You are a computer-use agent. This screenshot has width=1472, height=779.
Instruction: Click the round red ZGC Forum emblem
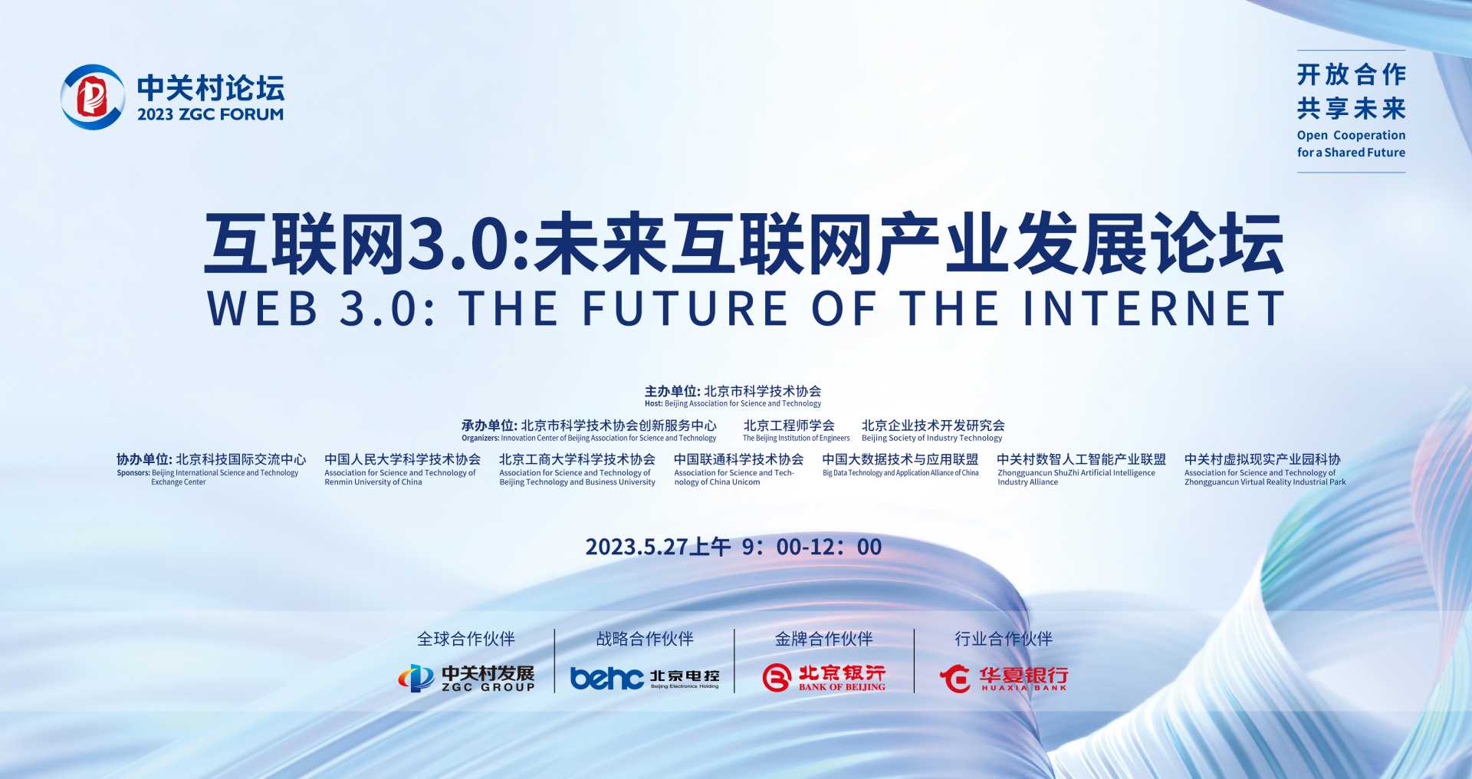93,97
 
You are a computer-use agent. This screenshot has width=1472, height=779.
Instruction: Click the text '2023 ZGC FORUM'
210,114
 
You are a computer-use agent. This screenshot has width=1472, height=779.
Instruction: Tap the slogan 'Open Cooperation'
1351,136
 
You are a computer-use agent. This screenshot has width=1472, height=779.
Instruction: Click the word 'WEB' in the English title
262,307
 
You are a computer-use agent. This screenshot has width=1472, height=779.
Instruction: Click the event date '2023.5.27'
636,547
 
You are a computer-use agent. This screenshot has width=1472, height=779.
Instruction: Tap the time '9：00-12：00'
812,547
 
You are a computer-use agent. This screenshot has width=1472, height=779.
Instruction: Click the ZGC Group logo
466,678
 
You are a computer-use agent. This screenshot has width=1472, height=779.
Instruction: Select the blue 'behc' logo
606,678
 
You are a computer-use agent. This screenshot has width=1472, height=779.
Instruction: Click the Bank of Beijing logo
824,678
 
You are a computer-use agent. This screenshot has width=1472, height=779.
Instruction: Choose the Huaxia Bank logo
1004,678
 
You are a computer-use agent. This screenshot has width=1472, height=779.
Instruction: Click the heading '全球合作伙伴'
466,639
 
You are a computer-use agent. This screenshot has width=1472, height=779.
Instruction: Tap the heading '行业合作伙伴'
1004,639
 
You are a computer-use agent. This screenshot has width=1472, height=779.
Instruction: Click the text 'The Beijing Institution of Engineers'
796,439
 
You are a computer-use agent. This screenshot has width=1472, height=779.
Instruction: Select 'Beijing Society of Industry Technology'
932,439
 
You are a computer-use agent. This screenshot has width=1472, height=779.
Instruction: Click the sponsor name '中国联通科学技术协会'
738,459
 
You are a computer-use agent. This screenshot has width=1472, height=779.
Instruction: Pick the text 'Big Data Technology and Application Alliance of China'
901,473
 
